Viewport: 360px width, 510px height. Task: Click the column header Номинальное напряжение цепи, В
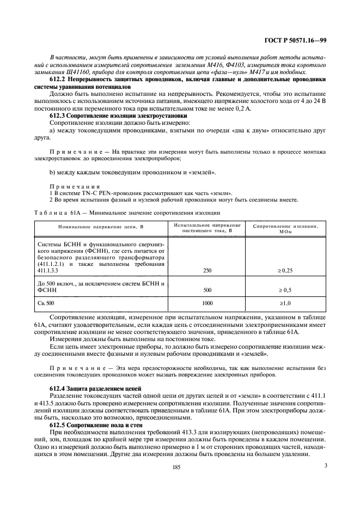click(x=101, y=227)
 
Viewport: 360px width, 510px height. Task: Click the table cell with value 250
click(x=207, y=270)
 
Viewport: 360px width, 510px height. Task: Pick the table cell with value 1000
click(x=207, y=303)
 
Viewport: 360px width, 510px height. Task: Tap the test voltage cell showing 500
click(x=207, y=290)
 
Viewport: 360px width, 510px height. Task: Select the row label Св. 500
click(x=46, y=303)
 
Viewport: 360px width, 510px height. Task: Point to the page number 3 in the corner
click(x=325, y=465)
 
